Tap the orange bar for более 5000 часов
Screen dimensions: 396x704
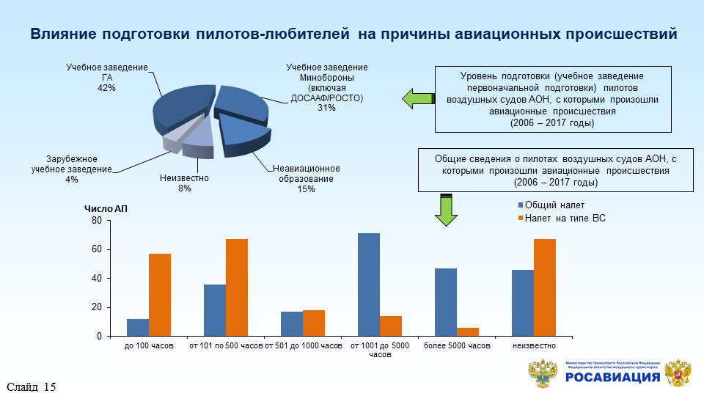468,331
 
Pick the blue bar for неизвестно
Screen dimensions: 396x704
523,303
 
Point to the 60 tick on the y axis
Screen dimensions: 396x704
96,249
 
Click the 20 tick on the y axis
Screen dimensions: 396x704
96,307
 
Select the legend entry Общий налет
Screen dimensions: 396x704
554,205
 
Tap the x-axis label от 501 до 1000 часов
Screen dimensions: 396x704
303,345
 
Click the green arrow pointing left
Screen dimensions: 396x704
418,98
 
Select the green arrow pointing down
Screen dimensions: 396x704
446,210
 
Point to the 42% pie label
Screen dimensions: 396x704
107,88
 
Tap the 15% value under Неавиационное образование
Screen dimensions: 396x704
307,190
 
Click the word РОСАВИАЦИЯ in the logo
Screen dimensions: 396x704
613,377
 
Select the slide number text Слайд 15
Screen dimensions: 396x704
32,386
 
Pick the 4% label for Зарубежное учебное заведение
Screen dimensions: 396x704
71,180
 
